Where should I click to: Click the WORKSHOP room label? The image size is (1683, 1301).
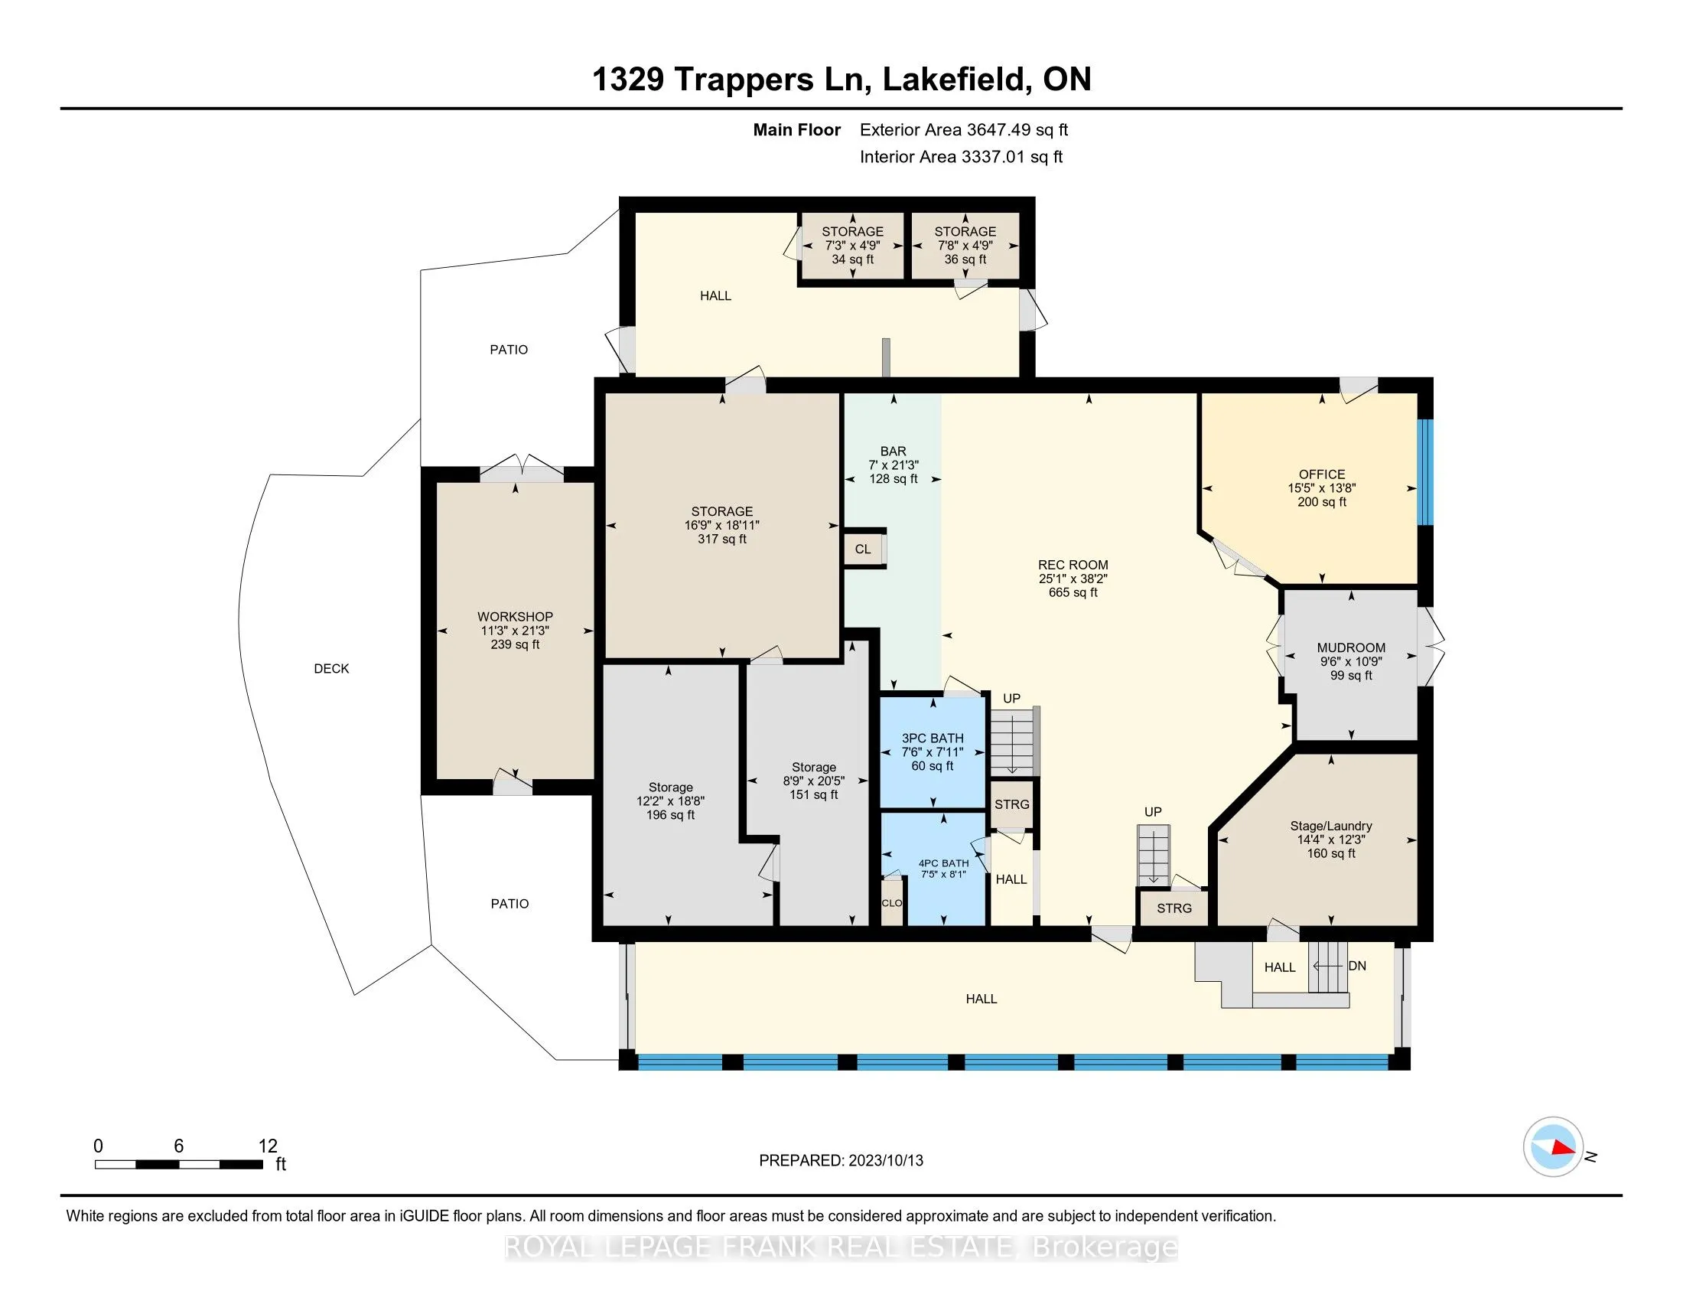pyautogui.click(x=515, y=617)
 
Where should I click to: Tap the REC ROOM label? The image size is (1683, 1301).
pyautogui.click(x=1073, y=565)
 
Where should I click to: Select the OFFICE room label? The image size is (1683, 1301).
pyautogui.click(x=1322, y=474)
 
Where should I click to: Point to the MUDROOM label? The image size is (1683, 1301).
pyautogui.click(x=1351, y=648)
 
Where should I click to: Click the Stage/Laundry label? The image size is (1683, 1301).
pyautogui.click(x=1331, y=827)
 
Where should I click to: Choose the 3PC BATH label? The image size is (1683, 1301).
pyautogui.click(x=933, y=739)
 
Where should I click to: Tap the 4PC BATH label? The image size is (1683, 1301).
pyautogui.click(x=943, y=863)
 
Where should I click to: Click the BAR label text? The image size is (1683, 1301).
pyautogui.click(x=893, y=452)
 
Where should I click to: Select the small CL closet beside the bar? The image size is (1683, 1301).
pyautogui.click(x=863, y=549)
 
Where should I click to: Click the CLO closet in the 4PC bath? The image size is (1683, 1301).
pyautogui.click(x=891, y=902)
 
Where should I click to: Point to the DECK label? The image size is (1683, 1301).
pyautogui.click(x=331, y=669)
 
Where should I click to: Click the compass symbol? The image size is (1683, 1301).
pyautogui.click(x=1553, y=1146)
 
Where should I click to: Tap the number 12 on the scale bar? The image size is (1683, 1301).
pyautogui.click(x=268, y=1146)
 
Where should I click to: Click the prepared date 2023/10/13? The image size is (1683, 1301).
pyautogui.click(x=885, y=1160)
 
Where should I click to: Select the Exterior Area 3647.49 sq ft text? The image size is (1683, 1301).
pyautogui.click(x=963, y=130)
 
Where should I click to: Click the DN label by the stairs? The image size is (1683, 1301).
pyautogui.click(x=1357, y=966)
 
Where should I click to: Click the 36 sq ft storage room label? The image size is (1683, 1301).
pyautogui.click(x=965, y=259)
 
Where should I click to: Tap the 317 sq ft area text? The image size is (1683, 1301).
pyautogui.click(x=722, y=540)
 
